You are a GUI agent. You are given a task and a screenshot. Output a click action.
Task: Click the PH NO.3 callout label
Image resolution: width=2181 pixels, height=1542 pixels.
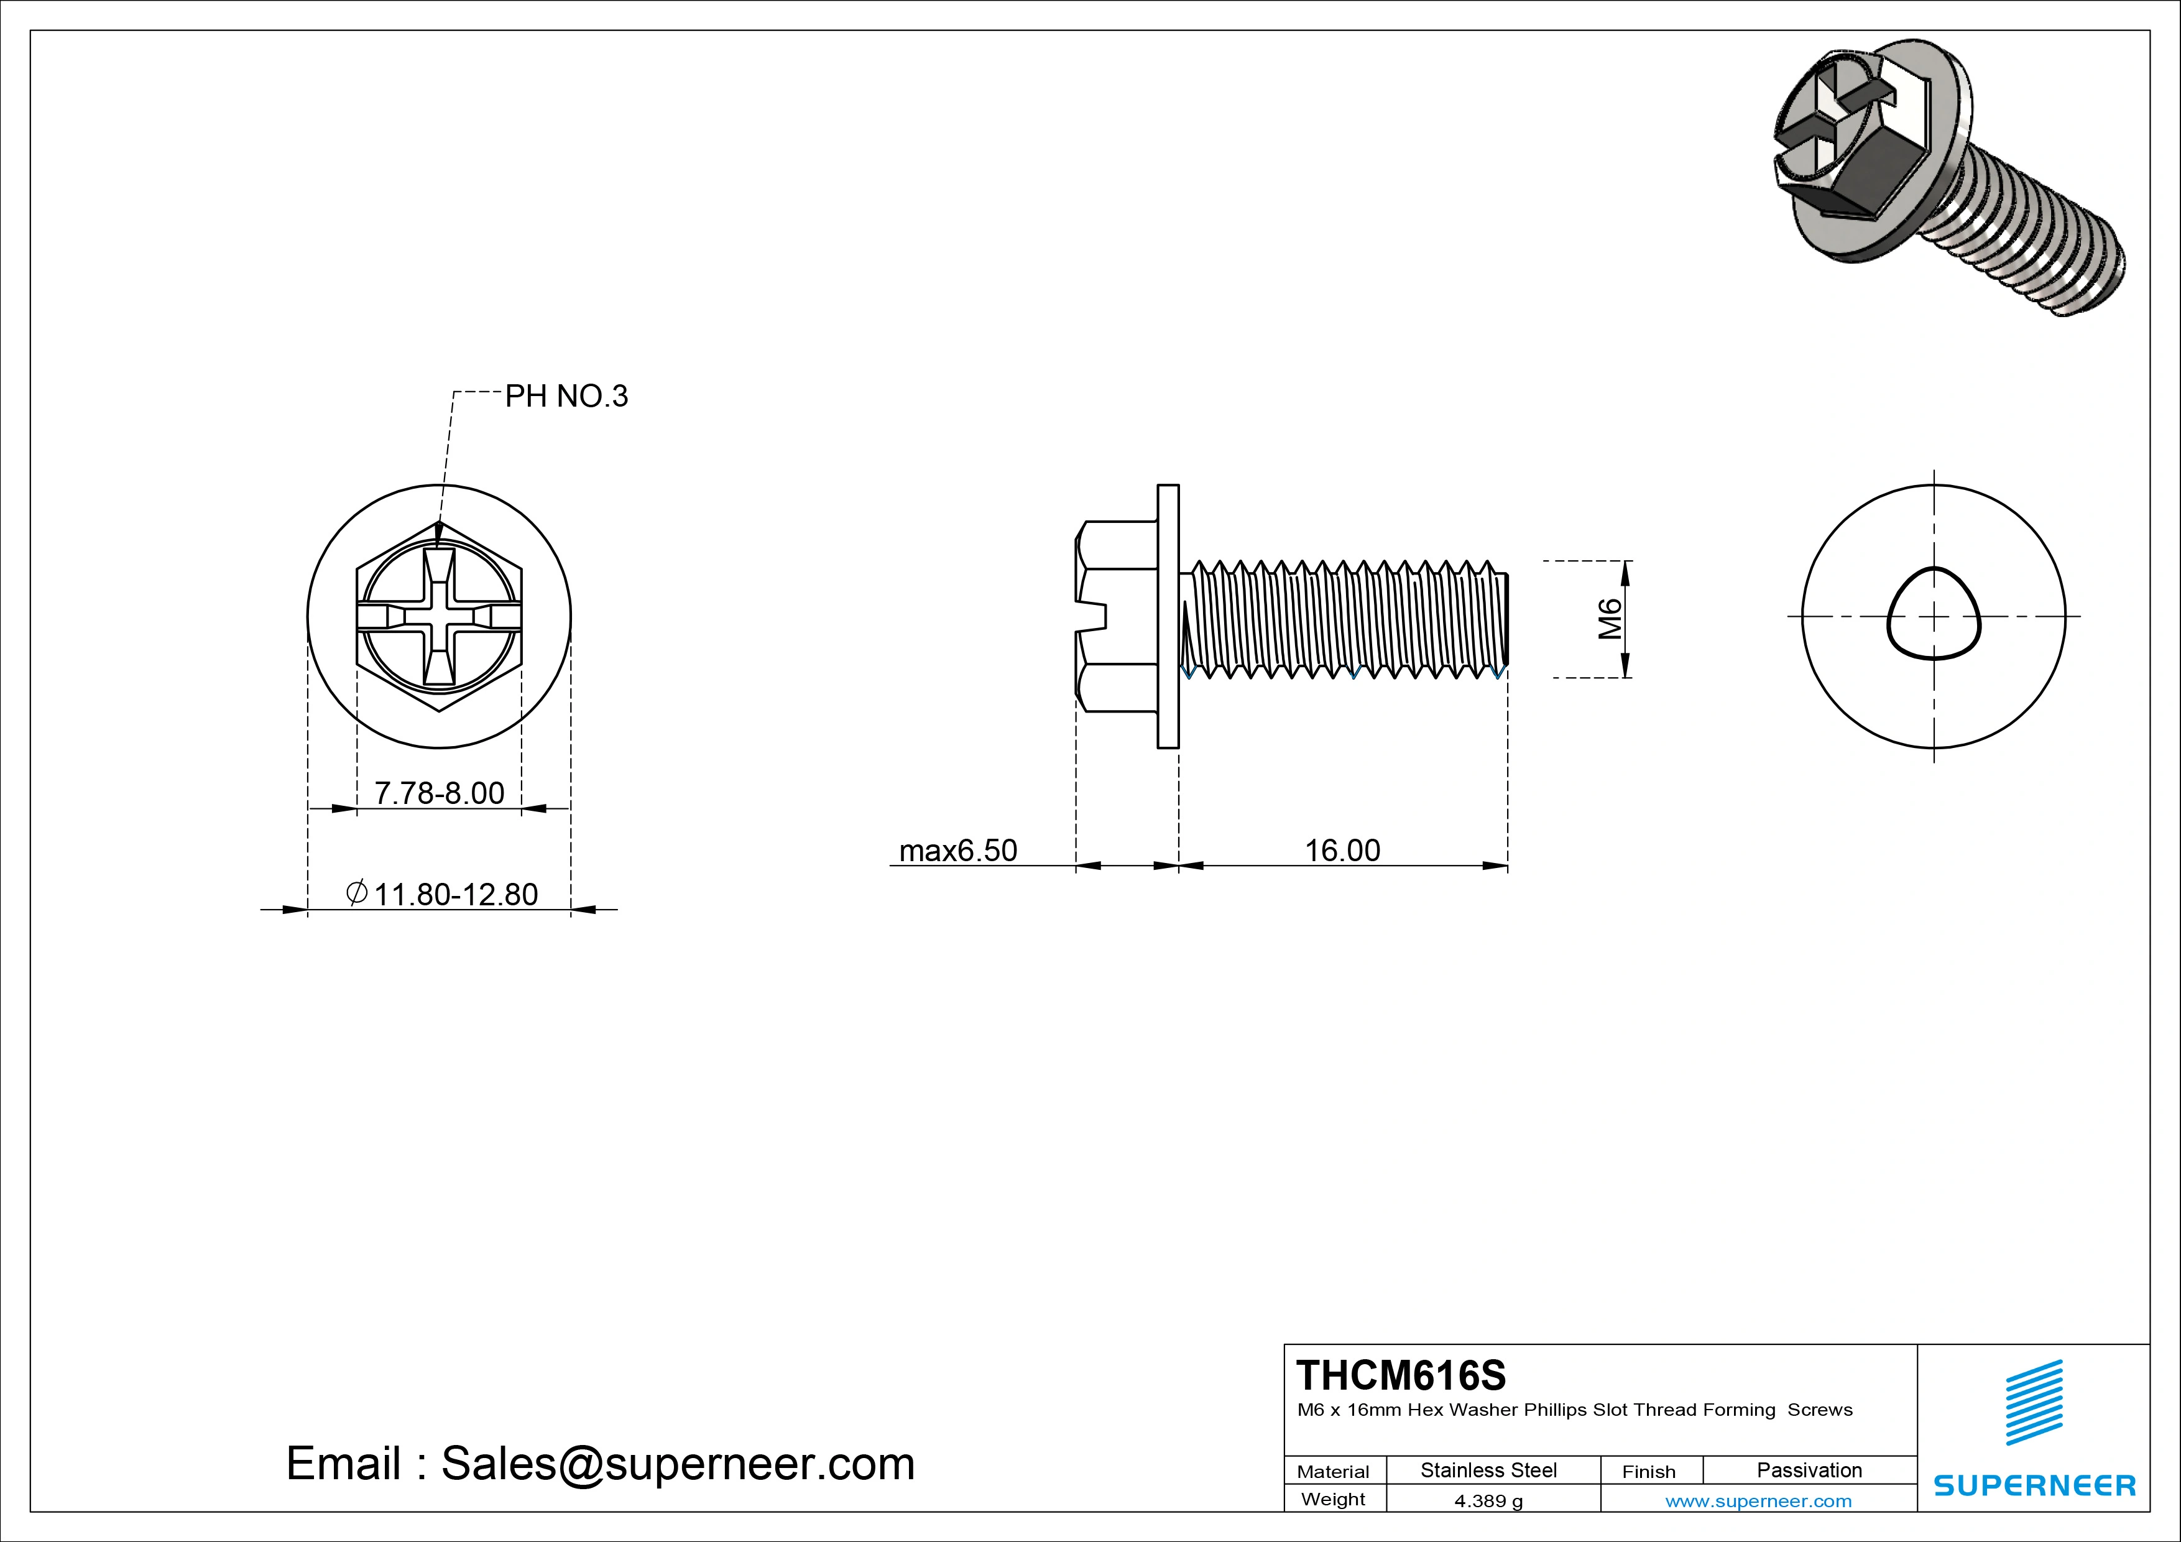566,396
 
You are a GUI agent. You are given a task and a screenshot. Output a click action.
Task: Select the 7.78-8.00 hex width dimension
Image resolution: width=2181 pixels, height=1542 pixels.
439,792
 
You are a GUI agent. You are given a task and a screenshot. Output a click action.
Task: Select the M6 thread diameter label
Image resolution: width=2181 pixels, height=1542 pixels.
1609,619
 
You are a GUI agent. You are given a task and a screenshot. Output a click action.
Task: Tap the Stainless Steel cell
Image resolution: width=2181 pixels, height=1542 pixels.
1488,1470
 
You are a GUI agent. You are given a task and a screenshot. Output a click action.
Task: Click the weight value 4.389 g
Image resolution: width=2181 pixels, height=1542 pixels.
1488,1501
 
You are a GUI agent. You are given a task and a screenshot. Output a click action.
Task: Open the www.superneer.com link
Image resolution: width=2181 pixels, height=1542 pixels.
1758,1501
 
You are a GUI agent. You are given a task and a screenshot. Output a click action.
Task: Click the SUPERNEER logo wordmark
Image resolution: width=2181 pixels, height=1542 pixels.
2034,1485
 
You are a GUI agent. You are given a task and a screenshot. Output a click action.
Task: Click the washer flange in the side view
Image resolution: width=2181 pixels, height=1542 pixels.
1168,617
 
